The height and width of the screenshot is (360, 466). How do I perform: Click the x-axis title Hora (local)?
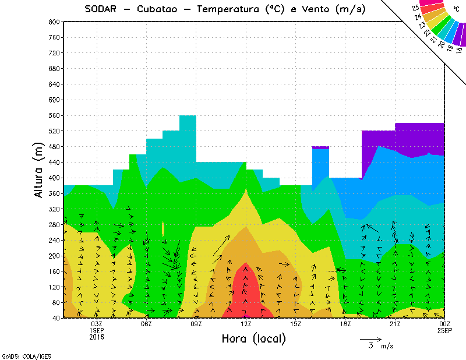(x=253, y=338)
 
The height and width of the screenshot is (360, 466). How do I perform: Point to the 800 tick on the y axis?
(x=54, y=22)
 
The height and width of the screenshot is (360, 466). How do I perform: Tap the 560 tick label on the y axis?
(x=54, y=115)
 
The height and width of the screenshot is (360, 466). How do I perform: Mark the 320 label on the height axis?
(x=54, y=209)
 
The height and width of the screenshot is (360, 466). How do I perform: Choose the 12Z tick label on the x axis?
(x=246, y=324)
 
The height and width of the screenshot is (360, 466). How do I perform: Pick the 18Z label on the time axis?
(x=345, y=324)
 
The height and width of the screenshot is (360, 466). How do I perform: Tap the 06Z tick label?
(x=146, y=324)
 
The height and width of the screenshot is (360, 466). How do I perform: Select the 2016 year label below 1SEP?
(x=97, y=337)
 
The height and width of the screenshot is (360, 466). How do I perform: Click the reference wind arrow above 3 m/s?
(x=370, y=338)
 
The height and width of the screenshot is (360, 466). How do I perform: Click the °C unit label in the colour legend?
(x=455, y=10)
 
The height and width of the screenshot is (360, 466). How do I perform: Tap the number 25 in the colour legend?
(x=415, y=8)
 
